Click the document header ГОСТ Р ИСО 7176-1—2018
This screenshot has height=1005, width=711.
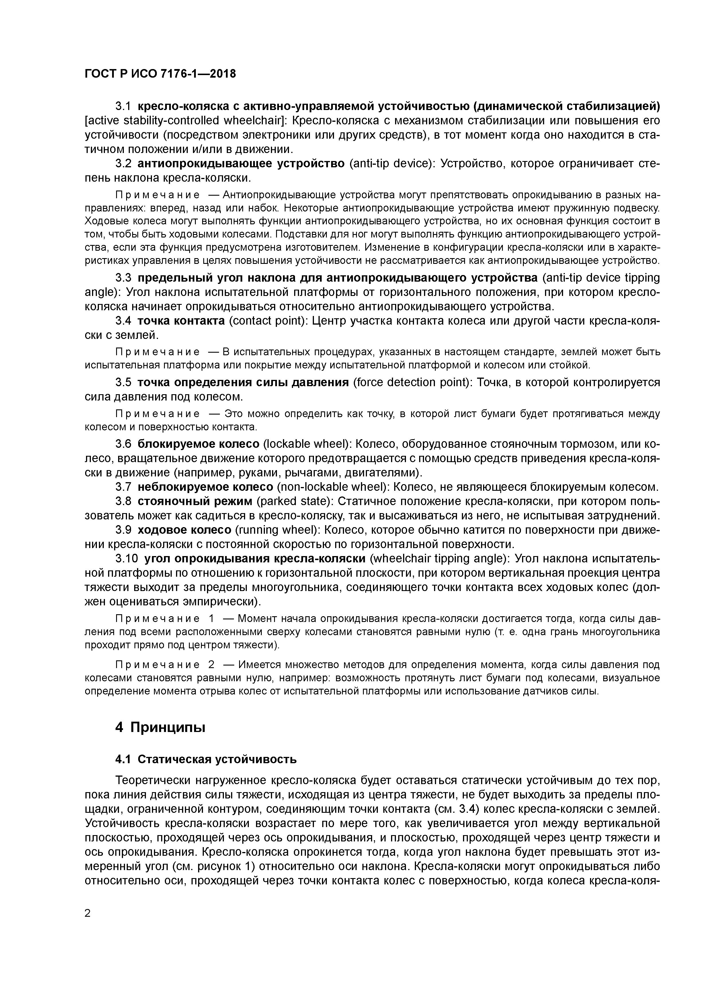pyautogui.click(x=160, y=74)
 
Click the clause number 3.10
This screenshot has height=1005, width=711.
pyautogui.click(x=127, y=559)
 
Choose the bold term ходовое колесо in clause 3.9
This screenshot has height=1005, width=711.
pyautogui.click(x=184, y=530)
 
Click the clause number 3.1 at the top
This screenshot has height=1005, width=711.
pyautogui.click(x=123, y=106)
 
